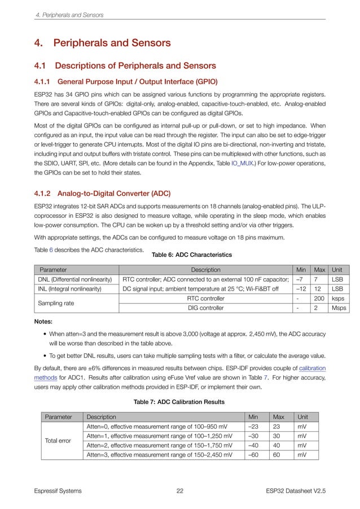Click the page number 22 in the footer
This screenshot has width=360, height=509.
pyautogui.click(x=180, y=491)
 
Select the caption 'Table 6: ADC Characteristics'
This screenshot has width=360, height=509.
pyautogui.click(x=191, y=254)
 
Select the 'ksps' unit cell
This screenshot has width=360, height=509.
pyautogui.click(x=337, y=298)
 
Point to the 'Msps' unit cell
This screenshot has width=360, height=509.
pyautogui.click(x=339, y=308)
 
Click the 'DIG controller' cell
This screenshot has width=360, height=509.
pyautogui.click(x=205, y=308)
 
